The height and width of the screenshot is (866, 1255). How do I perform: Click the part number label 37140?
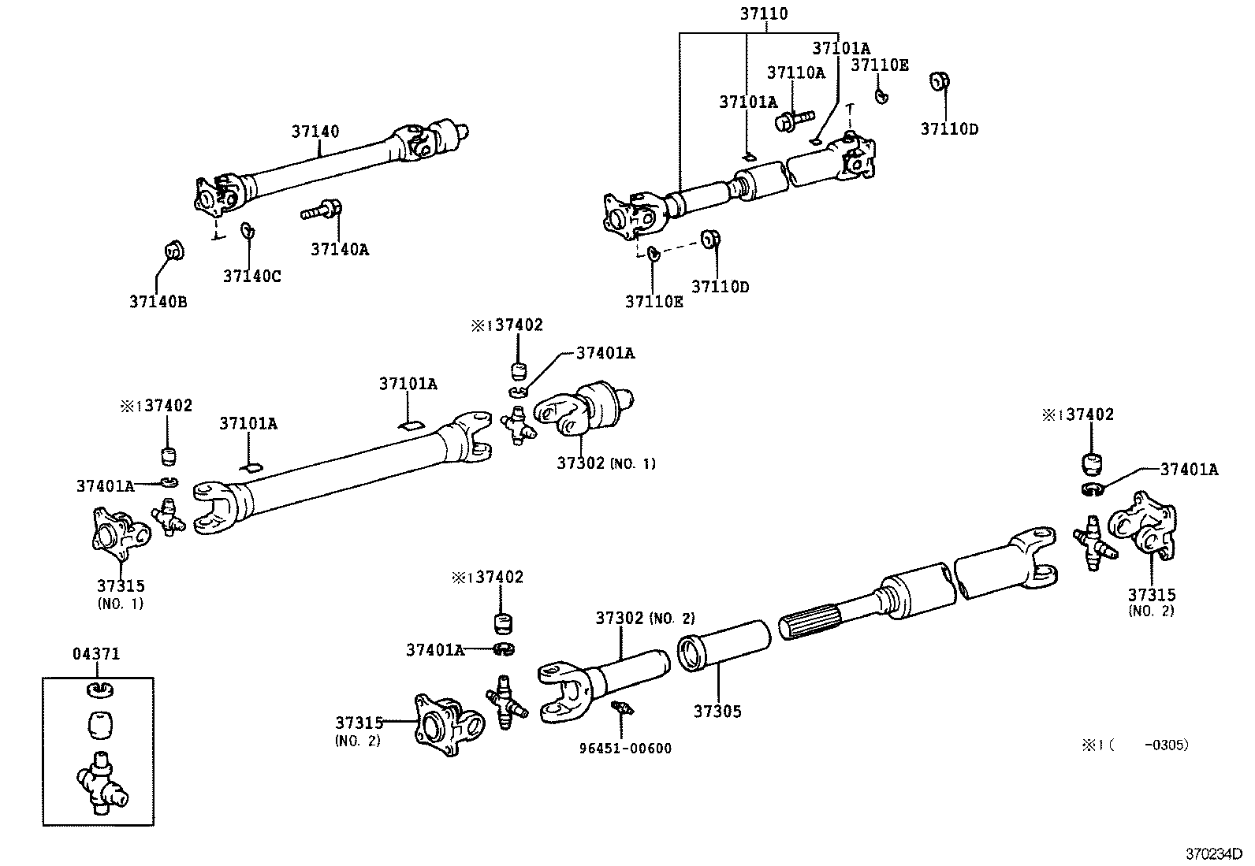pos(315,132)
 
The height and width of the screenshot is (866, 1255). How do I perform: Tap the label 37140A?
pos(339,250)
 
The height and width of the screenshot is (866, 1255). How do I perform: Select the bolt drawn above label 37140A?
pos(321,212)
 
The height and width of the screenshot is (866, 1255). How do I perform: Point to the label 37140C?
pos(251,276)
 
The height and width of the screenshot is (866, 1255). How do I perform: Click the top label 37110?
pos(763,13)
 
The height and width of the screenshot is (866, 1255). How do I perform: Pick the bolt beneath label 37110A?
pos(791,120)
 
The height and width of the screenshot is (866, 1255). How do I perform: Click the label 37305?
pos(717,712)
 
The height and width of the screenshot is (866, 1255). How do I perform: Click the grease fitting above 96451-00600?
pos(623,708)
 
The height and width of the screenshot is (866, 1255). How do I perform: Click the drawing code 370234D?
pos(1214,853)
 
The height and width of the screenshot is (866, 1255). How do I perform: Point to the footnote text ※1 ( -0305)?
pos(1135,745)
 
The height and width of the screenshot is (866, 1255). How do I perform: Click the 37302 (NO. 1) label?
pos(605,463)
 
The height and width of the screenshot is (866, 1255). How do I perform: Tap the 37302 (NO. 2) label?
pos(644,619)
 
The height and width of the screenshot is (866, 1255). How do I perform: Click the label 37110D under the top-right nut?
pos(949,129)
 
